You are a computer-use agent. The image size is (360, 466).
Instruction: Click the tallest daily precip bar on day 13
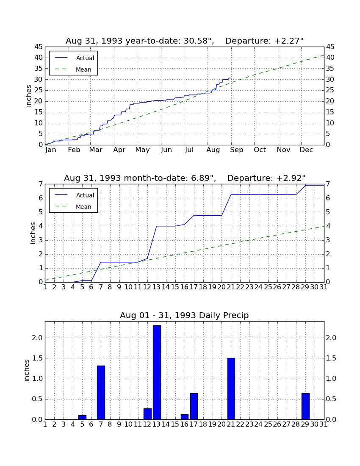(x=157, y=372)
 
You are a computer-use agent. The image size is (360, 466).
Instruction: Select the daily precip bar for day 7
(x=101, y=393)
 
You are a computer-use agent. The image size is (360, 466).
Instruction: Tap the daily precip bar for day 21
(x=231, y=389)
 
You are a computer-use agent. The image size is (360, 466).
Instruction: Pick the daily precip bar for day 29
(x=305, y=406)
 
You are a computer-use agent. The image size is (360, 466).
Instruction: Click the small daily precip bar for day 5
(x=82, y=417)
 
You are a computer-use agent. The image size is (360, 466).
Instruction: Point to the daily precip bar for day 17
(x=194, y=406)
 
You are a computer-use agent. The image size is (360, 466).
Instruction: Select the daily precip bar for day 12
(x=148, y=414)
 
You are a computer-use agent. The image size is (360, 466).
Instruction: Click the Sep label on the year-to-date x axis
(x=236, y=150)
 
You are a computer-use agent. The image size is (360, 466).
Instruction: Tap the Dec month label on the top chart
(x=306, y=150)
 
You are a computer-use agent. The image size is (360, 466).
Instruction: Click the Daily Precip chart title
(x=184, y=315)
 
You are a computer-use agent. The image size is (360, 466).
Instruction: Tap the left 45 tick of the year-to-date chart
(x=39, y=47)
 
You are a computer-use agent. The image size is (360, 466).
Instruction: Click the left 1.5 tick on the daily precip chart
(x=37, y=358)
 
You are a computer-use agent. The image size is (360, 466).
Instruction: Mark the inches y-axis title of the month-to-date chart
(x=33, y=233)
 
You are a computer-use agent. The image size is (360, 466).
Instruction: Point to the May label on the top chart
(x=143, y=150)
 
